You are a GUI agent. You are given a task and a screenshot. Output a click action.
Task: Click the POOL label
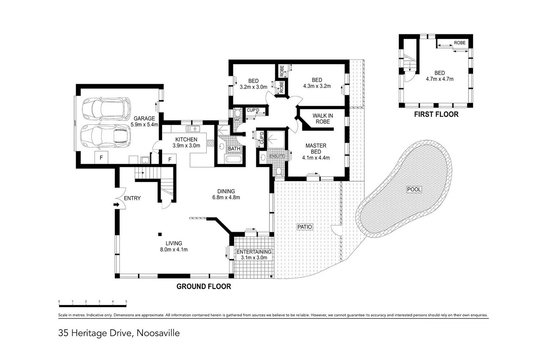point(414,190)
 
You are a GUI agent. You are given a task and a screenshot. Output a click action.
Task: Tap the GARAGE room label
point(144,119)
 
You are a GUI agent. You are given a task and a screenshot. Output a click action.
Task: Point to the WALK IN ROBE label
point(323,119)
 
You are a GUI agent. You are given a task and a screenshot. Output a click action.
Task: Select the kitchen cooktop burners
point(210,143)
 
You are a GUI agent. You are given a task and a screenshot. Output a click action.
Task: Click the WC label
point(238,120)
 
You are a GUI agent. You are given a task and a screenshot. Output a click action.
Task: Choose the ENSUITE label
point(277,156)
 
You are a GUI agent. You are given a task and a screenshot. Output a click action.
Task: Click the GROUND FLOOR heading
point(204,287)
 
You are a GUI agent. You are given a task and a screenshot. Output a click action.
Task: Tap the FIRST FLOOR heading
point(436,114)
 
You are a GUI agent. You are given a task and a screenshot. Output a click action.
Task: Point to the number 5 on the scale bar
point(126,301)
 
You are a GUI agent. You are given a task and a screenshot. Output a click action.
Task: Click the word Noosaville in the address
point(158,333)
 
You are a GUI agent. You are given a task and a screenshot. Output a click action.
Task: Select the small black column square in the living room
point(160,234)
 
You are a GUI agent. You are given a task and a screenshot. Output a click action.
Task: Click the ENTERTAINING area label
point(254,252)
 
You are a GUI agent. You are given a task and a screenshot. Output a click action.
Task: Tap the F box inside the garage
point(101,158)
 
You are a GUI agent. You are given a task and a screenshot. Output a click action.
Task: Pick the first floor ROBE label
point(460,43)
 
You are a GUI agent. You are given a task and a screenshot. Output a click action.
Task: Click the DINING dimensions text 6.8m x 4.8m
point(226,197)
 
